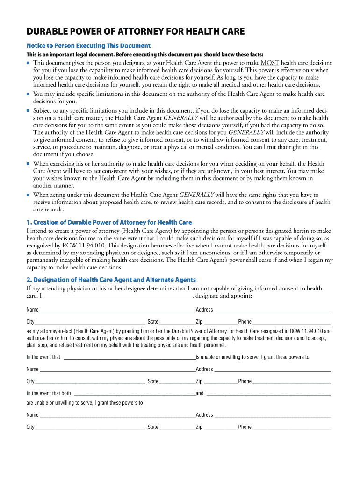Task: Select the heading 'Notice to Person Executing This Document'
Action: point(88,45)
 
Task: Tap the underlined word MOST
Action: point(270,63)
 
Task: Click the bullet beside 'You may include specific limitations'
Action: point(28,94)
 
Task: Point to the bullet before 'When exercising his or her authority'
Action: point(28,164)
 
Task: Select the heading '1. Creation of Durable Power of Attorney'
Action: point(109,222)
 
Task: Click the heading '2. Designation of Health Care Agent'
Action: point(111,280)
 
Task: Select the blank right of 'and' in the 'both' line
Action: point(268,394)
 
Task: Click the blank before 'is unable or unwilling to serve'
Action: point(129,358)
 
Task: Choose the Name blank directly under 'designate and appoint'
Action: point(117,310)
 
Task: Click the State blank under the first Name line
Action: point(177,322)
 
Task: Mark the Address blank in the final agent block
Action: point(273,415)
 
